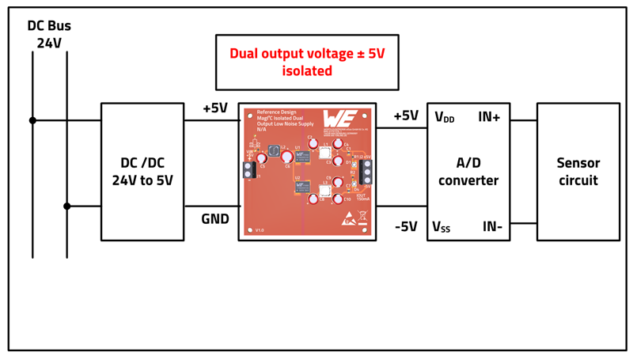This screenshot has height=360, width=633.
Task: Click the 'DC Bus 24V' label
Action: click(x=49, y=34)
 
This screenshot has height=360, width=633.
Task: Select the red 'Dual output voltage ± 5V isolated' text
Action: click(x=307, y=62)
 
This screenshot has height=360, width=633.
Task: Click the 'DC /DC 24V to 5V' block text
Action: click(x=142, y=172)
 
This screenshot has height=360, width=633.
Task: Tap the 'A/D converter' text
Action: click(x=468, y=172)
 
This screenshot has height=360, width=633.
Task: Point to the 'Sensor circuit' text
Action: click(x=578, y=172)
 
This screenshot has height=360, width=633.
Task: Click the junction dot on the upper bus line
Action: click(x=32, y=121)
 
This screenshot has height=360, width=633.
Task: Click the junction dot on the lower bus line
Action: click(x=67, y=207)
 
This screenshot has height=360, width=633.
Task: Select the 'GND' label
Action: click(x=214, y=218)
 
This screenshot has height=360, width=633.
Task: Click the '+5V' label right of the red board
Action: click(x=406, y=116)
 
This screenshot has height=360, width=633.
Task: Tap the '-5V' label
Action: click(x=406, y=226)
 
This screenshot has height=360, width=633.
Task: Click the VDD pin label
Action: click(x=445, y=118)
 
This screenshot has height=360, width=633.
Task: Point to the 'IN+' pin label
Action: click(x=489, y=117)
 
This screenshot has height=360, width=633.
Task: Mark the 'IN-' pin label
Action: click(x=492, y=227)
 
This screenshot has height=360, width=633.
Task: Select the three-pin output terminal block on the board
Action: click(x=366, y=172)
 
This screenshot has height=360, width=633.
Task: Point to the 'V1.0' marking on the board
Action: click(x=260, y=230)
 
